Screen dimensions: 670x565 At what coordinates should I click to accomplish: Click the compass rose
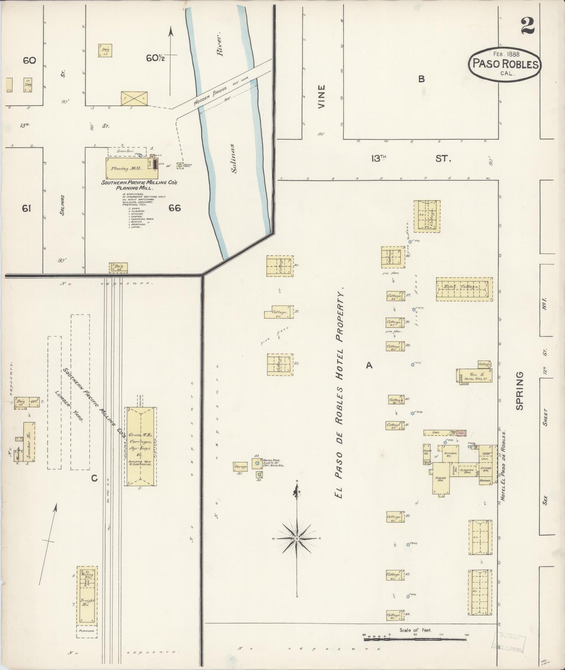click(297, 538)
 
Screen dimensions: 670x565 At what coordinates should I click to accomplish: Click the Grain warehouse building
click(141, 446)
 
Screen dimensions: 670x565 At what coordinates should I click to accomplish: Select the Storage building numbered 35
click(241, 466)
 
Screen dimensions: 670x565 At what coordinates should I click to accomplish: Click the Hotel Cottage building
click(464, 289)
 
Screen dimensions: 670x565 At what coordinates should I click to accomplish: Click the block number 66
click(174, 208)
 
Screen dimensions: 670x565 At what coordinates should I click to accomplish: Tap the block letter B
click(421, 79)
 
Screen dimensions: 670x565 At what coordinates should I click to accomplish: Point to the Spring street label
click(519, 391)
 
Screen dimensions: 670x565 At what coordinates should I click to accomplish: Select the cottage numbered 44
click(394, 615)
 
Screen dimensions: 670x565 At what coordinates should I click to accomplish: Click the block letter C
click(94, 478)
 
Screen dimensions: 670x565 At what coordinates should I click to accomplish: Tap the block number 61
click(26, 208)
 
